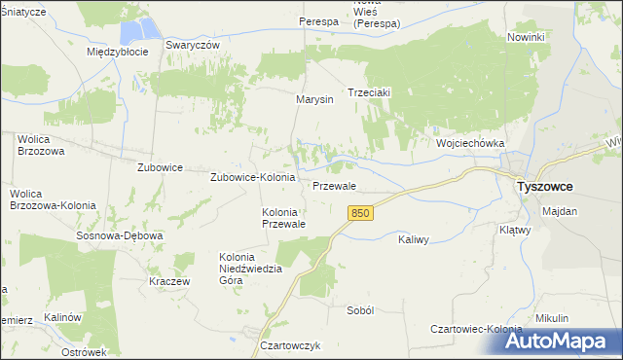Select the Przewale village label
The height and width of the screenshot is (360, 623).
pyautogui.click(x=334, y=186)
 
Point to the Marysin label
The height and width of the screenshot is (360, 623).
pyautogui.click(x=315, y=99)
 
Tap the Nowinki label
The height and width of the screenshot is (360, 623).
pyautogui.click(x=526, y=37)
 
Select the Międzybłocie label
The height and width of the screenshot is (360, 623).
pyautogui.click(x=117, y=52)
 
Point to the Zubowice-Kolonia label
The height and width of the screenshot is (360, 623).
pyautogui.click(x=253, y=178)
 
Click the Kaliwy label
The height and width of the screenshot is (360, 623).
pyautogui.click(x=416, y=238)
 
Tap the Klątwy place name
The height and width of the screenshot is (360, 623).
pyautogui.click(x=540, y=231)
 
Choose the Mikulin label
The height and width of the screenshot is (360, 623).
pyautogui.click(x=551, y=318)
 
